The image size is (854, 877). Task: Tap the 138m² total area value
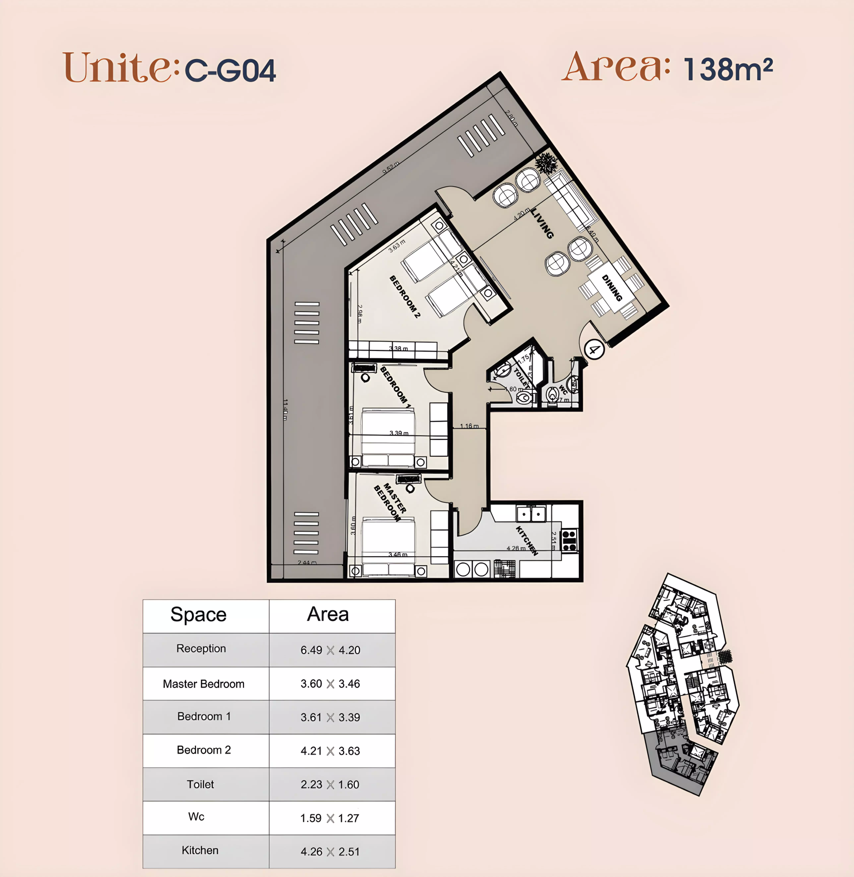click(728, 69)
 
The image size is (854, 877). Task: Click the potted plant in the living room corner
click(546, 163)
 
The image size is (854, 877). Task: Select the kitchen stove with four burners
click(569, 540)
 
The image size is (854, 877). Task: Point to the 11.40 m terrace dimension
click(285, 409)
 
